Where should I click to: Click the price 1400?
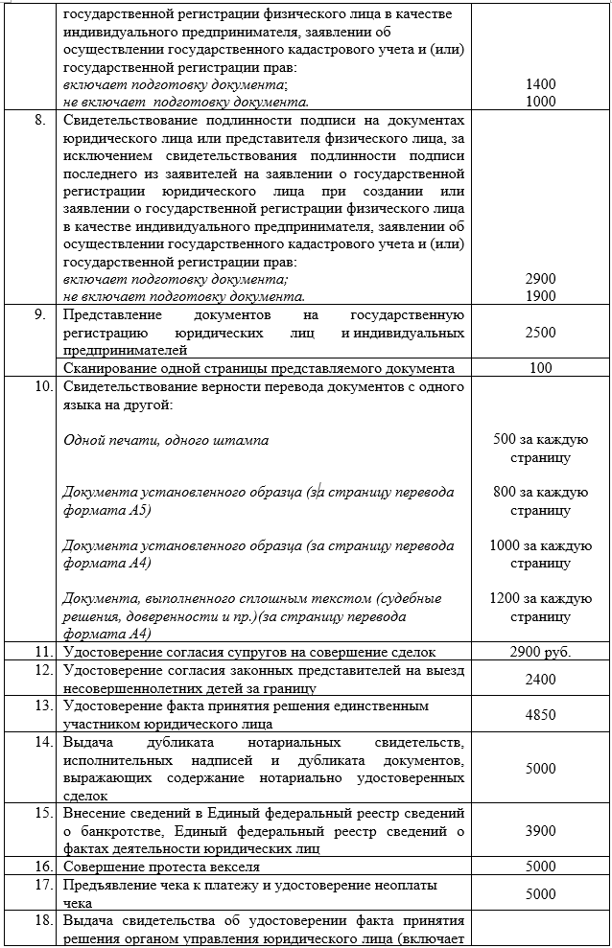(541, 84)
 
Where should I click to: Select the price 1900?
(541, 296)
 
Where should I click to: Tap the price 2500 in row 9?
(541, 332)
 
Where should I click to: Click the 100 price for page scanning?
(541, 368)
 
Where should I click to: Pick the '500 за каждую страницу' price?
(540, 449)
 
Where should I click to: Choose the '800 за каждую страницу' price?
(540, 501)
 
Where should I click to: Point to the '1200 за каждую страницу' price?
(540, 607)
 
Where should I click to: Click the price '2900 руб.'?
(541, 652)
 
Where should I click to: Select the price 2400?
(541, 679)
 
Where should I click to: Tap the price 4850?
(541, 714)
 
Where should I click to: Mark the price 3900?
(541, 830)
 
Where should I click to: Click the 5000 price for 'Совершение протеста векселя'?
(541, 867)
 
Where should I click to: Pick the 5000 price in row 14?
(541, 768)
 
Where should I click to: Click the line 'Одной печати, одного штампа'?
(166, 440)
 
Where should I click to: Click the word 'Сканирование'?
(108, 368)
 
